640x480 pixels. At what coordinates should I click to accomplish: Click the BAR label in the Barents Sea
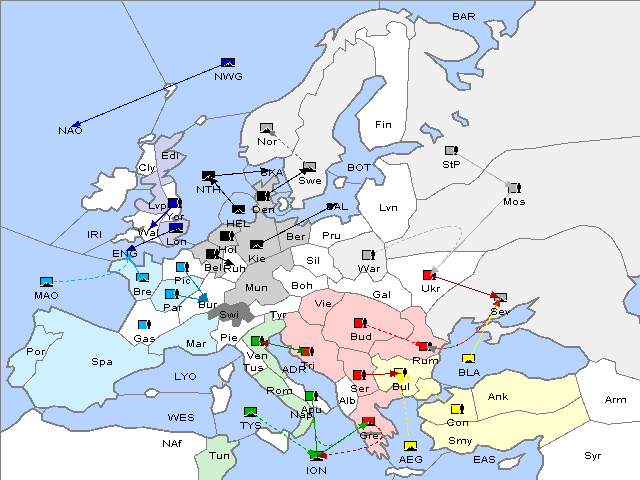point(463,17)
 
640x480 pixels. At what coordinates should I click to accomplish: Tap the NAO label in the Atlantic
point(70,131)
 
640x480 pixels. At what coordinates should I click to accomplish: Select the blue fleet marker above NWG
point(227,62)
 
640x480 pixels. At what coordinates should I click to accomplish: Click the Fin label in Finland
point(382,124)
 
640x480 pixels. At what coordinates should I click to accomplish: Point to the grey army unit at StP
point(450,151)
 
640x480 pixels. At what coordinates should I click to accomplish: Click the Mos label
point(514,202)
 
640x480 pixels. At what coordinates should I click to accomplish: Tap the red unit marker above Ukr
point(429,275)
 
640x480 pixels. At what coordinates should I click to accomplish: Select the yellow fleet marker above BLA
point(468,358)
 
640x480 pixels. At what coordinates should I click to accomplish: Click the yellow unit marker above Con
point(457,409)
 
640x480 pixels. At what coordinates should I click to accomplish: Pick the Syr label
point(593,455)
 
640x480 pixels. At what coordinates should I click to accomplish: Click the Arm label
point(616,400)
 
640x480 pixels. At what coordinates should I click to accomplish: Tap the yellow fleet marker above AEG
point(410,446)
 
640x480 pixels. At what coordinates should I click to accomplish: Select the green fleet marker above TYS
point(250,411)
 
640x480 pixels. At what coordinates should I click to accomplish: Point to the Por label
point(36,352)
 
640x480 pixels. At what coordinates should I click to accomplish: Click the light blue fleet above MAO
point(46,282)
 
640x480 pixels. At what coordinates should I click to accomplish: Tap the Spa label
point(102,362)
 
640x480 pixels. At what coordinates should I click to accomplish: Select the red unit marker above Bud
point(360,323)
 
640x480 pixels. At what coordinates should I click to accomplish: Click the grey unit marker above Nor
point(266,128)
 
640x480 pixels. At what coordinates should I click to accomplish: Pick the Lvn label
point(389,207)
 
